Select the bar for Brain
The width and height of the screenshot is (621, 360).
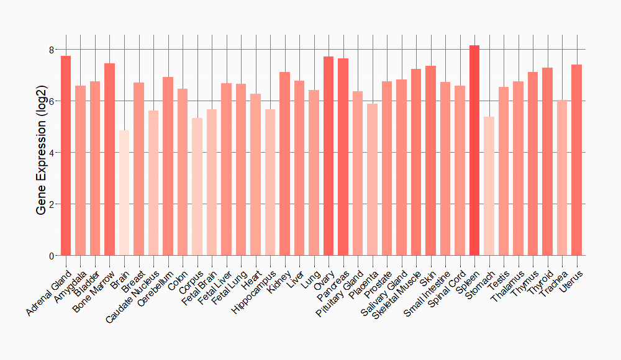(x=124, y=193)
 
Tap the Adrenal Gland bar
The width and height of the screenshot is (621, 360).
(x=66, y=156)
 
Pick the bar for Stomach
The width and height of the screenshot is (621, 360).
(x=489, y=186)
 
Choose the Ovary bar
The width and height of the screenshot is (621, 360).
(x=329, y=156)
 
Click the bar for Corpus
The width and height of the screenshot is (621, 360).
(x=197, y=187)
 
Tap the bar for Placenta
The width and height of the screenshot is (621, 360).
(x=372, y=179)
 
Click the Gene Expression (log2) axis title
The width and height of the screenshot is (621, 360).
(x=42, y=153)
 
